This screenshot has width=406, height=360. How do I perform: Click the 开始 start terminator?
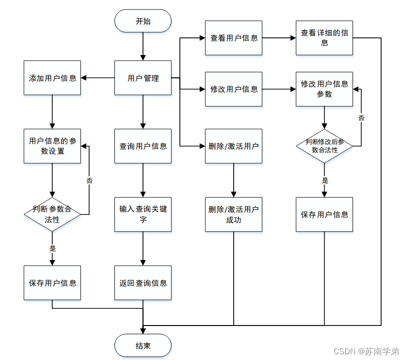click(143, 21)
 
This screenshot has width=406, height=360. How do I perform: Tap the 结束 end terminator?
click(143, 345)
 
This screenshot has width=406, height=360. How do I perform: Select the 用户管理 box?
click(143, 78)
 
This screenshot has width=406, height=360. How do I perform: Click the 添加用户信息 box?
click(52, 78)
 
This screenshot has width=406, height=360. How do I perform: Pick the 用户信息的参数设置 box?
click(52, 146)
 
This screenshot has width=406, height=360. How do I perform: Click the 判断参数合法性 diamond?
click(52, 214)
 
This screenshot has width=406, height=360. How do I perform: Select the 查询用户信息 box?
click(143, 146)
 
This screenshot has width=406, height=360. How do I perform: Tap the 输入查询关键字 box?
click(143, 214)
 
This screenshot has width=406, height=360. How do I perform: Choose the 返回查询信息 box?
click(143, 282)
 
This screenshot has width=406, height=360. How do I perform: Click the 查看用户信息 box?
click(234, 38)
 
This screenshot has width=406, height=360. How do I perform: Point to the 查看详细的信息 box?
click(324, 38)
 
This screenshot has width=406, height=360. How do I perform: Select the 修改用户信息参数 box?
click(324, 89)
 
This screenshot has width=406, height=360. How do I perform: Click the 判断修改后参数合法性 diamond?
click(324, 146)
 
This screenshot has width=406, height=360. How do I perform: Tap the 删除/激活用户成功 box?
click(234, 214)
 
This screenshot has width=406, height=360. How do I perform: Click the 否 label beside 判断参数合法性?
click(90, 180)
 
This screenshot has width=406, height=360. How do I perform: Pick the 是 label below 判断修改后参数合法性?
click(325, 180)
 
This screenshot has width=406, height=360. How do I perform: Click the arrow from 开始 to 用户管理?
click(143, 46)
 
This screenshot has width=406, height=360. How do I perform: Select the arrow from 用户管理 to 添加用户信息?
click(98, 78)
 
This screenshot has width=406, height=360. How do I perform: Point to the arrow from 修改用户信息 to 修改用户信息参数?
click(279, 89)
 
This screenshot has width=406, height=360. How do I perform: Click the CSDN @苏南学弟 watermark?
click(366, 351)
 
